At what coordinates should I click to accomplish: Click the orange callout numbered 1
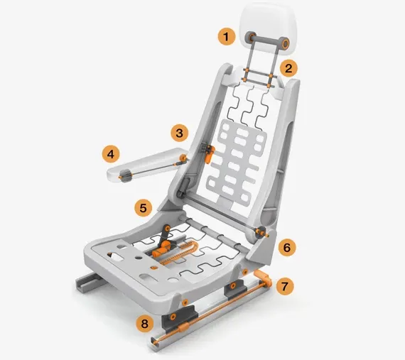(x=227, y=36)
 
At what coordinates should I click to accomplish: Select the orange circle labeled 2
(x=288, y=68)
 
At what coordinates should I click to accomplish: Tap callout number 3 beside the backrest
(x=180, y=132)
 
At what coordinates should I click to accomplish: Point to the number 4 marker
(x=111, y=152)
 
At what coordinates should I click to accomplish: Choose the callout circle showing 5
(x=144, y=208)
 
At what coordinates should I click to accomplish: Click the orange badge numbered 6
(x=286, y=247)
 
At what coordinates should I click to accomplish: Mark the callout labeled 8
(x=145, y=324)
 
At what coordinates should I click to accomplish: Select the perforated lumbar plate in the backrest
(x=234, y=153)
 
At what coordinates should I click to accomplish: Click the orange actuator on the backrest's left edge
(x=209, y=152)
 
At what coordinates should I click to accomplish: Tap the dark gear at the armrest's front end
(x=126, y=175)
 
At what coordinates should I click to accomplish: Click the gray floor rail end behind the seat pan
(x=85, y=283)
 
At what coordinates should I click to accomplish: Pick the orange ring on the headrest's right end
(x=285, y=45)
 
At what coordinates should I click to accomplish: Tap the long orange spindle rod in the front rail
(x=213, y=312)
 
